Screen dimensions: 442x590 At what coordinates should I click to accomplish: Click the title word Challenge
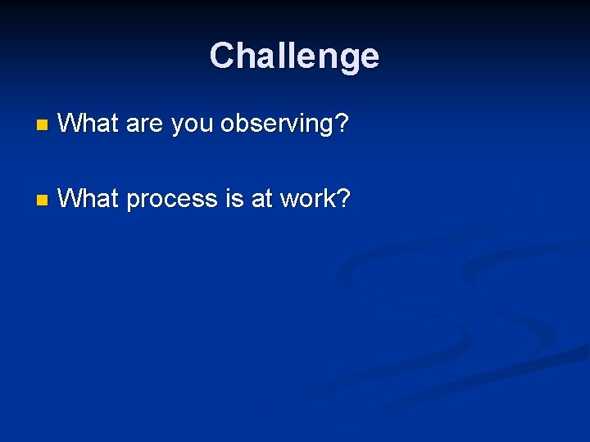294,56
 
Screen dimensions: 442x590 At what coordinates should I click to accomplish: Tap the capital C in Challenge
221,56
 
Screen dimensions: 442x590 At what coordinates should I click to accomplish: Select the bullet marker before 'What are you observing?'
43,125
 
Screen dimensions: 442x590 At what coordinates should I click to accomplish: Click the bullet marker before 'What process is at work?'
43,199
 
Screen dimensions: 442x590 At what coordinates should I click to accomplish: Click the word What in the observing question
89,124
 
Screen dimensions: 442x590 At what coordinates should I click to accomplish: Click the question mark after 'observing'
343,124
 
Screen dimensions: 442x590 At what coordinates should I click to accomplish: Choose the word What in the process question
89,197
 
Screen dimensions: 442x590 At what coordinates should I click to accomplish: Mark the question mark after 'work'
343,197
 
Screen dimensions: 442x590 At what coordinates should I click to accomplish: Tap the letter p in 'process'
134,201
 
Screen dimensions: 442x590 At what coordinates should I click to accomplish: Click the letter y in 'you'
175,128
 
